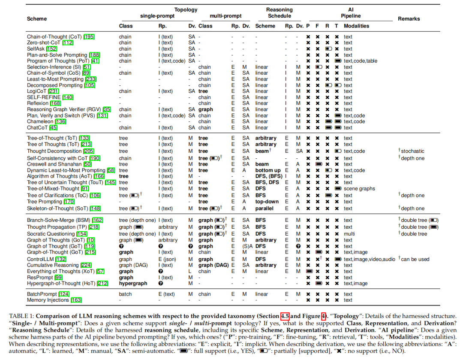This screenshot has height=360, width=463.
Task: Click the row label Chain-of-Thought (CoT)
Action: pyautogui.click(x=55, y=37)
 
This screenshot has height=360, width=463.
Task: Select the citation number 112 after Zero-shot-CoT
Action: pyautogui.click(x=68, y=43)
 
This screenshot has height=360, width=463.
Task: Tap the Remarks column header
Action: pyautogui.click(x=409, y=19)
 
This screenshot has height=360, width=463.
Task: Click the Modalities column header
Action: pyautogui.click(x=356, y=26)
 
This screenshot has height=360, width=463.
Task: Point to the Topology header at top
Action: pyautogui.click(x=186, y=9)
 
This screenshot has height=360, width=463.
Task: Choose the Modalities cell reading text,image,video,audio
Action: pyautogui.click(x=369, y=259)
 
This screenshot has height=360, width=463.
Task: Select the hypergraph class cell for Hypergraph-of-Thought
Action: pyautogui.click(x=133, y=284)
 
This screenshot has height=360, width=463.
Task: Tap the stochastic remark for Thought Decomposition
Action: pyautogui.click(x=412, y=151)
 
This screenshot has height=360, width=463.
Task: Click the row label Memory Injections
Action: pyautogui.click(x=48, y=300)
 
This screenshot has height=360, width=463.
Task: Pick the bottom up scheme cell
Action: pyautogui.click(x=268, y=171)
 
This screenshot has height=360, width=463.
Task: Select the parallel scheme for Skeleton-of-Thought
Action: pyautogui.click(x=265, y=209)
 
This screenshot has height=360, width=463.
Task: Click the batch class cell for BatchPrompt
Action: pyautogui.click(x=125, y=294)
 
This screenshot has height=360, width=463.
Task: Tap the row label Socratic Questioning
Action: pyautogui.click(x=51, y=234)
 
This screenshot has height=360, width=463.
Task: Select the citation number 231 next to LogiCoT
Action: pyautogui.click(x=54, y=91)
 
